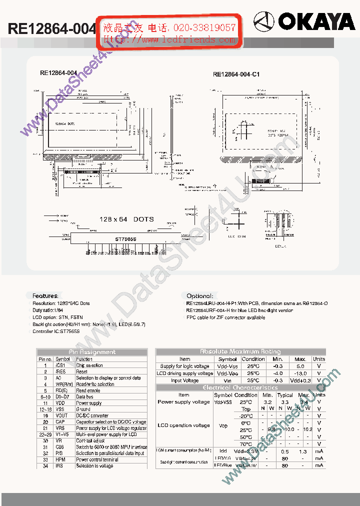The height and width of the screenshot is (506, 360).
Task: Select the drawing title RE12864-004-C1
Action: pyautogui.click(x=236, y=74)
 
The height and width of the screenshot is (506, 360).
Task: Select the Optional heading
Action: pyautogui.click(x=199, y=296)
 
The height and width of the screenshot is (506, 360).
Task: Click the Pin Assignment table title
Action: pyautogui.click(x=92, y=352)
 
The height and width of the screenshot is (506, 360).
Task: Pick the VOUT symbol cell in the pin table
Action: pyautogui.click(x=61, y=415)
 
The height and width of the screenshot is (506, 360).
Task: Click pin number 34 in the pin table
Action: pyautogui.click(x=45, y=465)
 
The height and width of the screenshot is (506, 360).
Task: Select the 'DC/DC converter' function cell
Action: pyautogui.click(x=92, y=415)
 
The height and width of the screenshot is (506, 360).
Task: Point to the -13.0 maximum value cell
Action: pyautogui.click(x=300, y=373)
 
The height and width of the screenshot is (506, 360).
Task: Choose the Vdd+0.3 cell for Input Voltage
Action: pyautogui.click(x=300, y=380)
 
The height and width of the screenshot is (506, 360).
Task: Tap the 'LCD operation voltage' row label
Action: pyautogui.click(x=183, y=425)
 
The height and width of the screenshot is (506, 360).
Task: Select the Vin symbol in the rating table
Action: pyautogui.click(x=227, y=380)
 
